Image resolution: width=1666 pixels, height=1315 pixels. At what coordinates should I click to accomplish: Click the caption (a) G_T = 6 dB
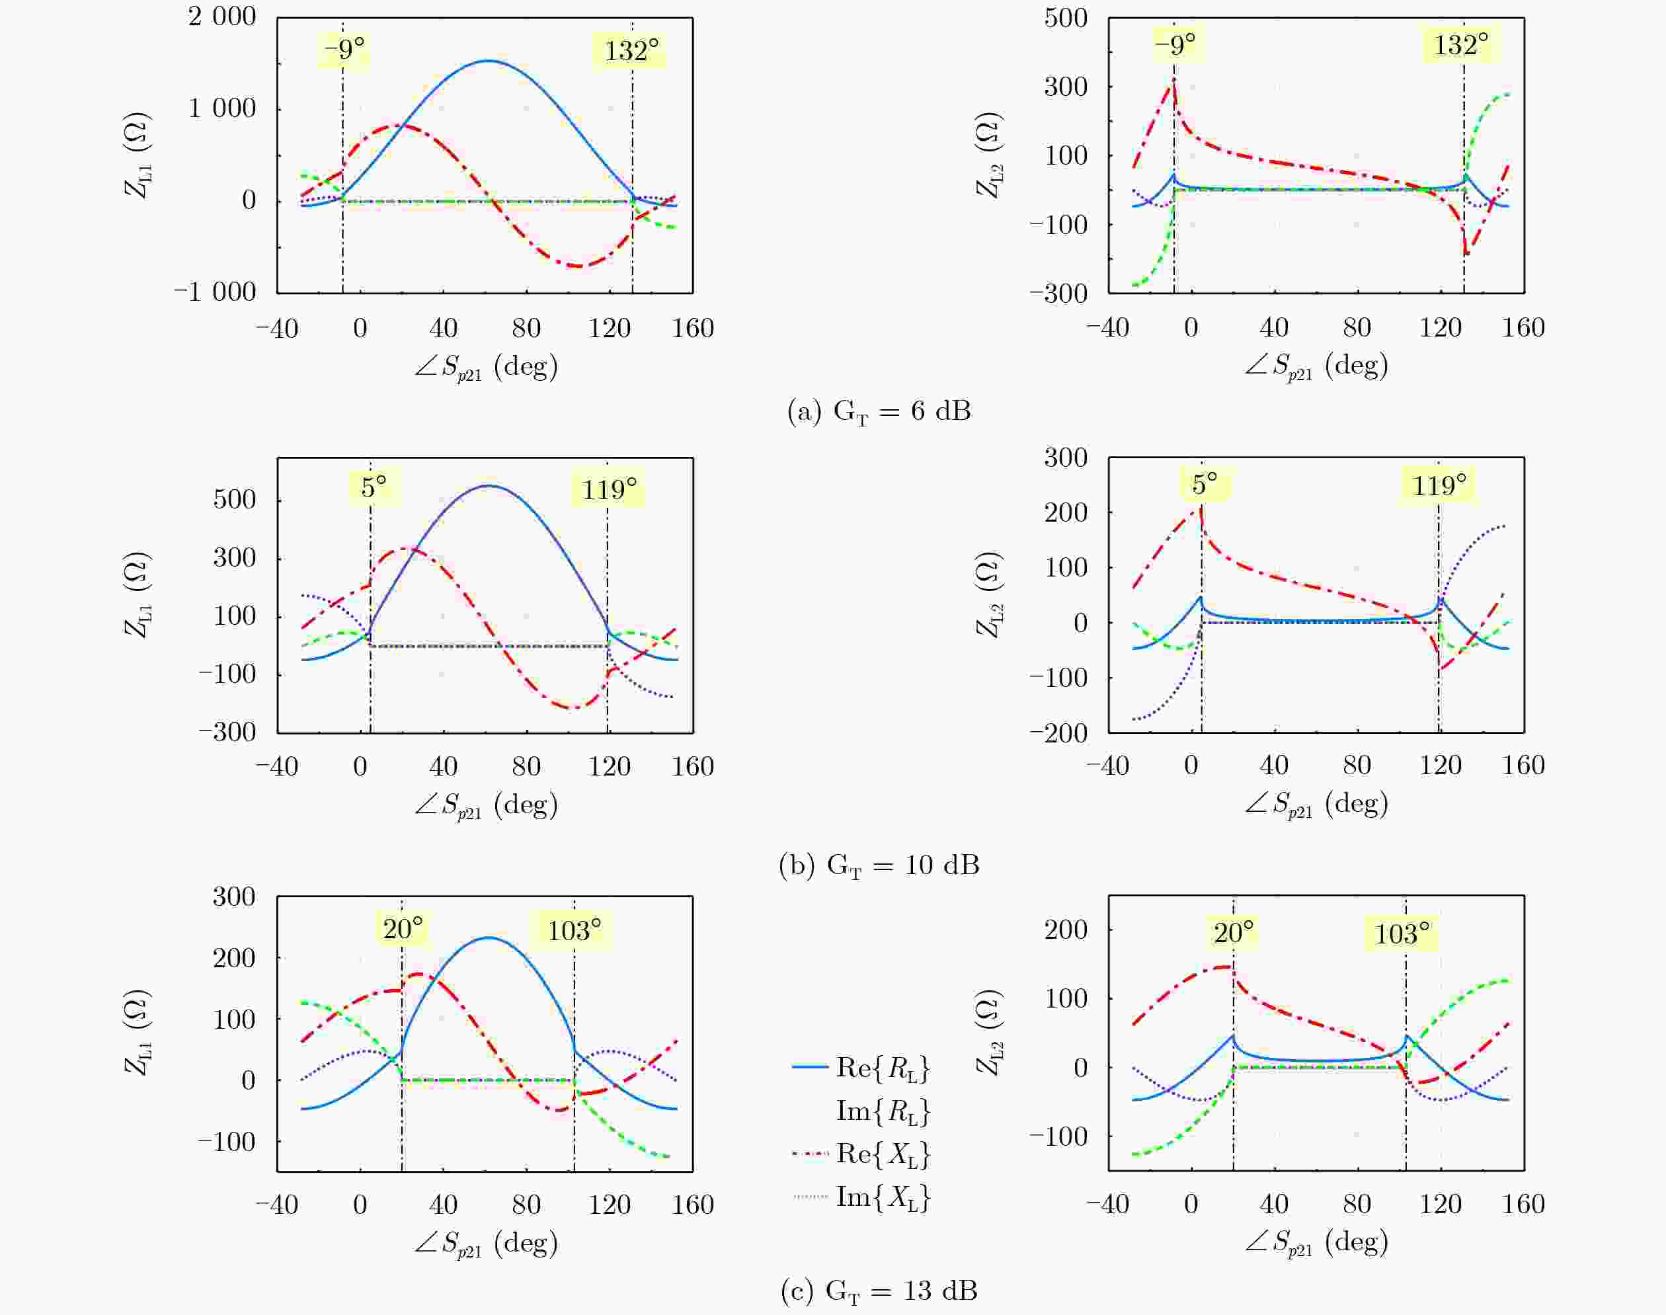click(879, 412)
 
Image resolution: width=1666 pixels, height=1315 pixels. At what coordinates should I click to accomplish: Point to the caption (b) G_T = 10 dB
click(879, 865)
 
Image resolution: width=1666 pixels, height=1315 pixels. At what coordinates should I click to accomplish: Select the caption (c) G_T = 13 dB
click(879, 1291)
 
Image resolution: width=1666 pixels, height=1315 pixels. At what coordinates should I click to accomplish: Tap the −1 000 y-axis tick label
click(215, 293)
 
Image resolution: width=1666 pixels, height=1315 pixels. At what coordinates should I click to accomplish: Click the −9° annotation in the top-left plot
click(343, 50)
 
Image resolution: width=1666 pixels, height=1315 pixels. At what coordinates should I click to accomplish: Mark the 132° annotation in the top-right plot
click(1460, 45)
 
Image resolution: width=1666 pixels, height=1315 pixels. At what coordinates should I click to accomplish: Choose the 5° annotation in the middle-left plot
click(374, 487)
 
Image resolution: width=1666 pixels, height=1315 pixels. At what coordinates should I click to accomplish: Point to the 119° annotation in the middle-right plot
click(1439, 485)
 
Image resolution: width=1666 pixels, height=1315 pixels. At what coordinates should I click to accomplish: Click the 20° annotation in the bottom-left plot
click(403, 930)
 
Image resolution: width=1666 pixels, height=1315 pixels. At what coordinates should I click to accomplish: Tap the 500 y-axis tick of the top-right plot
click(1066, 18)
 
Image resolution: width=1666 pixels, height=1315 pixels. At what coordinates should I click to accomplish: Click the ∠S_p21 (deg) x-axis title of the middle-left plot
click(486, 805)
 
